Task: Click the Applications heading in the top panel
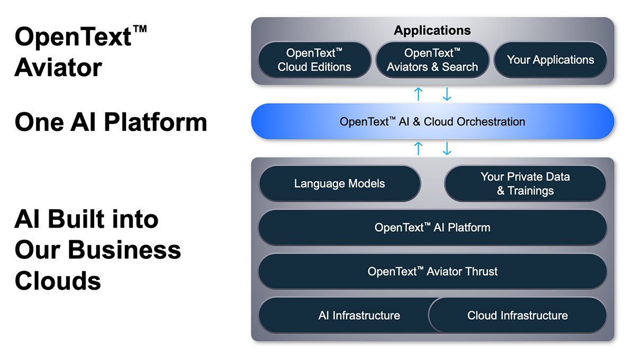pyautogui.click(x=432, y=31)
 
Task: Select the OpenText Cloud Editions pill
pyautogui.click(x=315, y=60)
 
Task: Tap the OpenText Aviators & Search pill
pyautogui.click(x=432, y=60)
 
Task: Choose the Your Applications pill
pyautogui.click(x=550, y=60)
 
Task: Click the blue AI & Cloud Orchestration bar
pyautogui.click(x=432, y=121)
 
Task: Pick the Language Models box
pyautogui.click(x=340, y=184)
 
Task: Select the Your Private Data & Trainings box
pyautogui.click(x=525, y=184)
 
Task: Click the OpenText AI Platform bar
pyautogui.click(x=432, y=228)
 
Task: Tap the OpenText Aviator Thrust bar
pyautogui.click(x=432, y=272)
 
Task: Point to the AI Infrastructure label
pyautogui.click(x=359, y=316)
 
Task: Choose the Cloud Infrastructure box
pyautogui.click(x=518, y=315)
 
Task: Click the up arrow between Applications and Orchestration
pyautogui.click(x=419, y=94)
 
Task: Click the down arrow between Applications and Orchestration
pyautogui.click(x=447, y=94)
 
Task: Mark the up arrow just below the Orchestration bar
pyautogui.click(x=419, y=148)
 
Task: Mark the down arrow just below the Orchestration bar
pyautogui.click(x=447, y=148)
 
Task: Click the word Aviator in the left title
pyautogui.click(x=58, y=68)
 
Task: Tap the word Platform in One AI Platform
pyautogui.click(x=156, y=122)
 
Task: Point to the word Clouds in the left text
pyautogui.click(x=58, y=281)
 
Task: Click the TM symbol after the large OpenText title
pyautogui.click(x=140, y=29)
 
